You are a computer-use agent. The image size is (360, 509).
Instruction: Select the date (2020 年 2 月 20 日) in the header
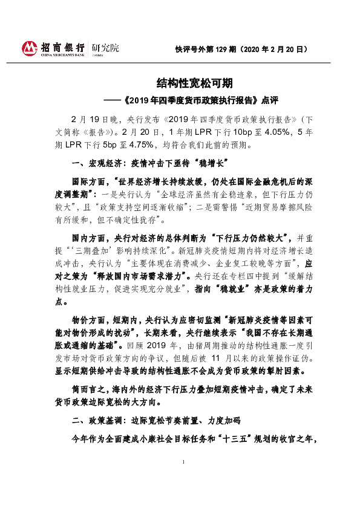[x=276, y=48]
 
